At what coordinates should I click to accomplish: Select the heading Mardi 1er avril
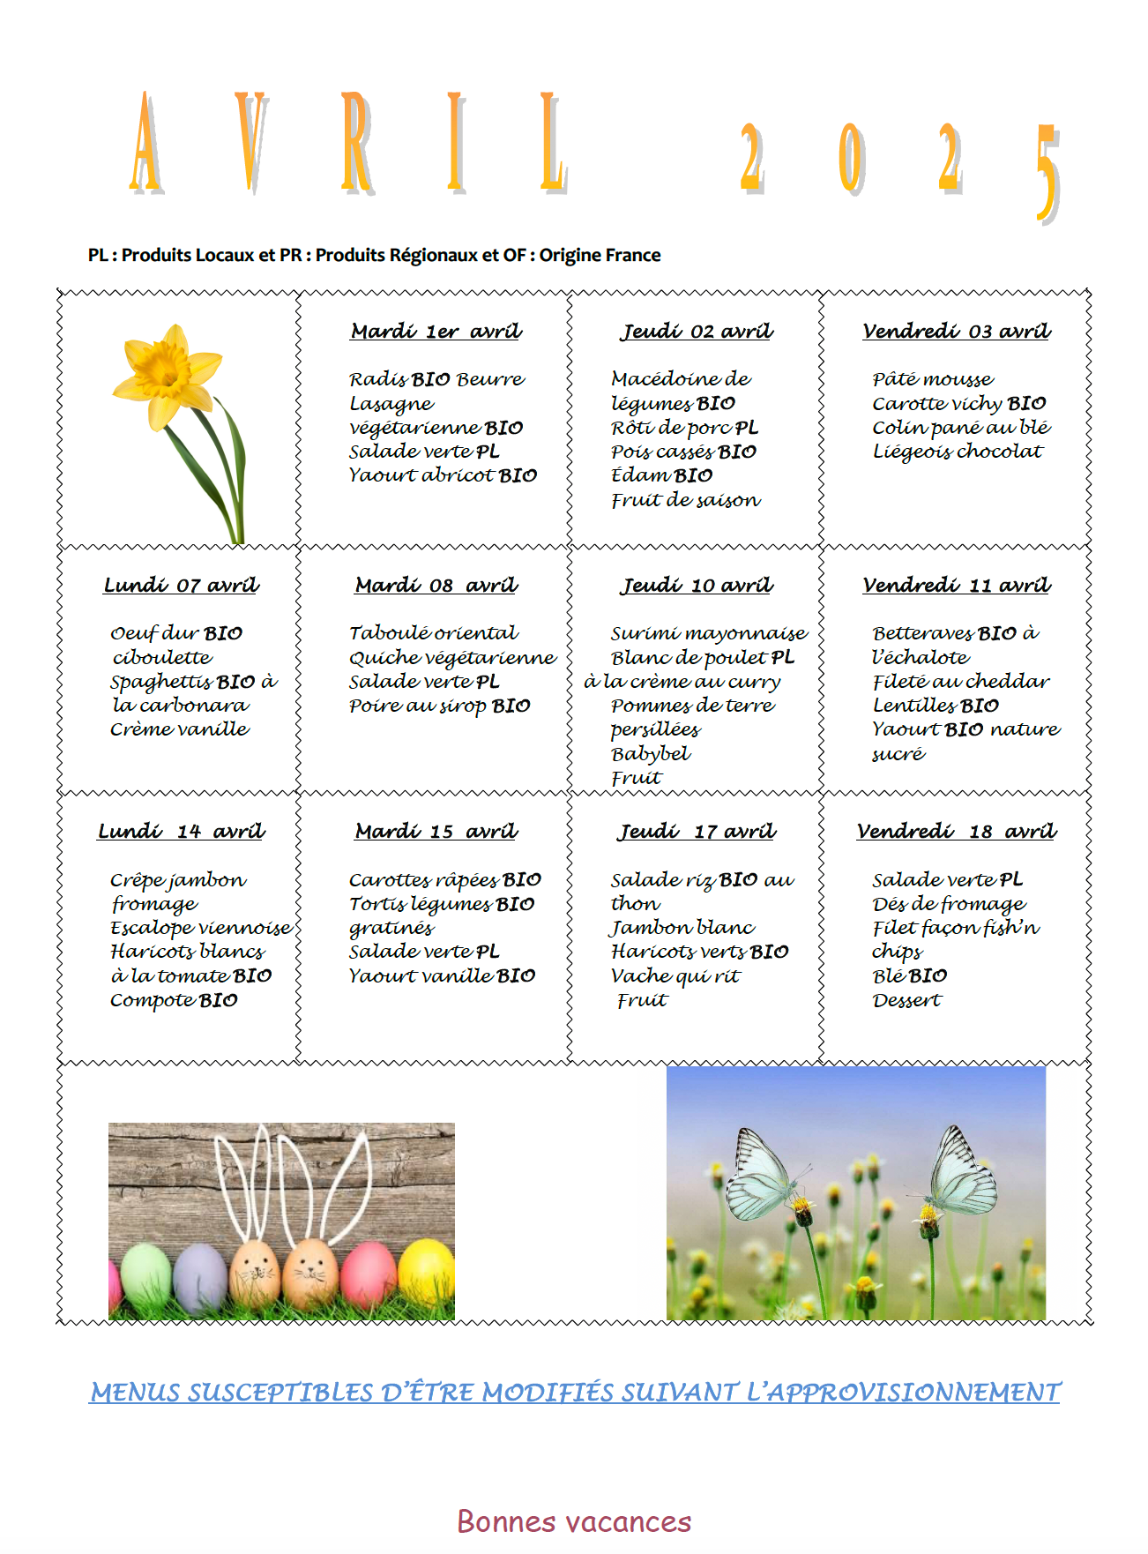coord(436,332)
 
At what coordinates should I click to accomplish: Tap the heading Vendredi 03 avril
coord(956,332)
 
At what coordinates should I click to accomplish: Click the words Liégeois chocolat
coord(957,452)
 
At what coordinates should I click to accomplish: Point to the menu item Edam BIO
coord(661,475)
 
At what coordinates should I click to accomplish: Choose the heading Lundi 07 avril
coord(181,586)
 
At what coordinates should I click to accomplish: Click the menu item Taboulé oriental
coord(433,633)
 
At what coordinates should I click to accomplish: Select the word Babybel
coord(650,754)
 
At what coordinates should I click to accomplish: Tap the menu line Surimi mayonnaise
coord(708,633)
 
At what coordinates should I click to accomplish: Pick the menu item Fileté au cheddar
coord(960,682)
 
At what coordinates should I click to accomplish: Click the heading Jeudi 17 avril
coord(697,832)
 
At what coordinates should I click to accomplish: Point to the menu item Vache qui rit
coord(675,976)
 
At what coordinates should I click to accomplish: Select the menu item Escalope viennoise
coord(200,928)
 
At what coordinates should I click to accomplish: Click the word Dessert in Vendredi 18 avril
coord(906,1001)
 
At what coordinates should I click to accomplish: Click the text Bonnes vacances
coord(574,1522)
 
